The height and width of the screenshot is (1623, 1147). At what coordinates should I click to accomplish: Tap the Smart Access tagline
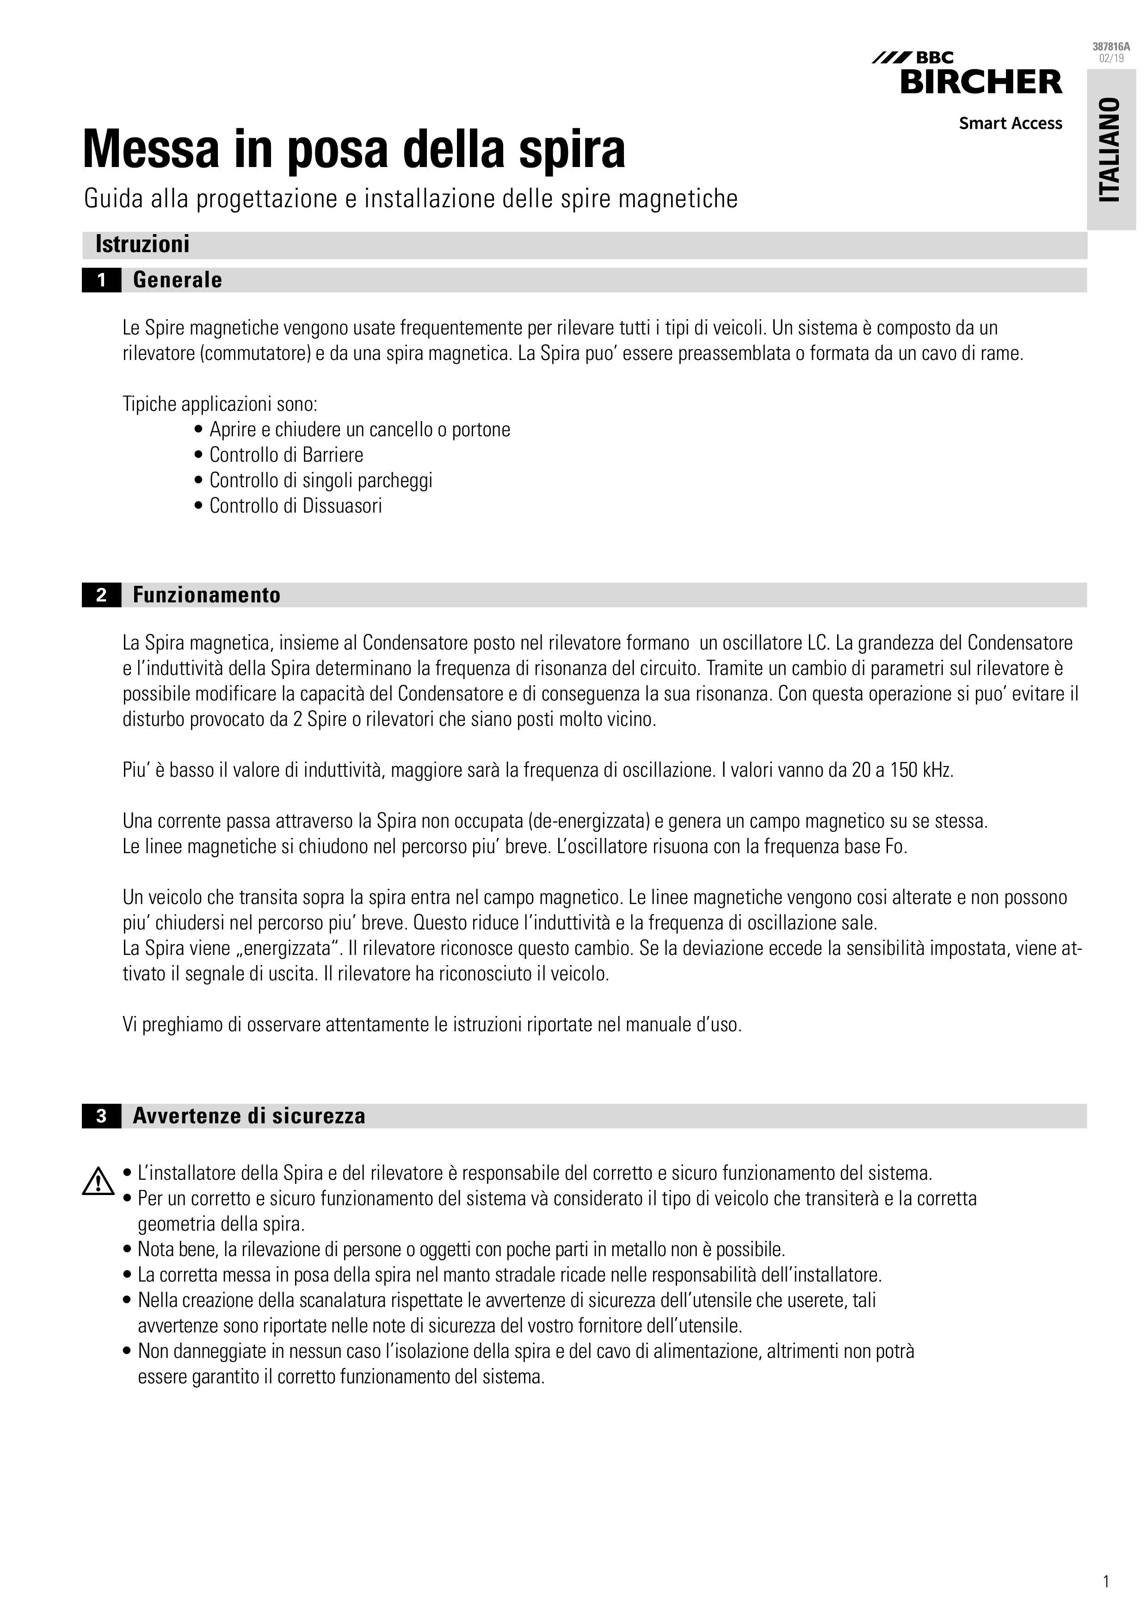pos(1010,124)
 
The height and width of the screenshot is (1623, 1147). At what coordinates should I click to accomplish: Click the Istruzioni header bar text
pos(142,245)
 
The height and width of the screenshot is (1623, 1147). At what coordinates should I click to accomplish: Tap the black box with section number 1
pos(101,281)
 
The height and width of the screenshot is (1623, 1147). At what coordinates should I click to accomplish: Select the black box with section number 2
pos(101,595)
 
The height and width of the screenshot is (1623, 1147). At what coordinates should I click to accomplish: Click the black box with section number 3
pos(101,1116)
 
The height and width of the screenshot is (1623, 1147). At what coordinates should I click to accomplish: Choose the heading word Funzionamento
pos(206,595)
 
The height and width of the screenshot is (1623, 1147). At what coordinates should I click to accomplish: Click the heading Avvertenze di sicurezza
pos(249,1116)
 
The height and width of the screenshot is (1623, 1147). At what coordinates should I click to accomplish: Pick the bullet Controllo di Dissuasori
pos(296,505)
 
